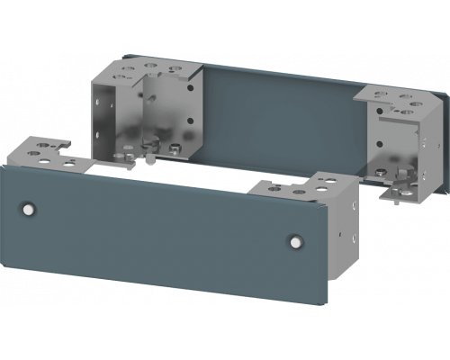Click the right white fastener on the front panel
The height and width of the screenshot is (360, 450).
point(294,240)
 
